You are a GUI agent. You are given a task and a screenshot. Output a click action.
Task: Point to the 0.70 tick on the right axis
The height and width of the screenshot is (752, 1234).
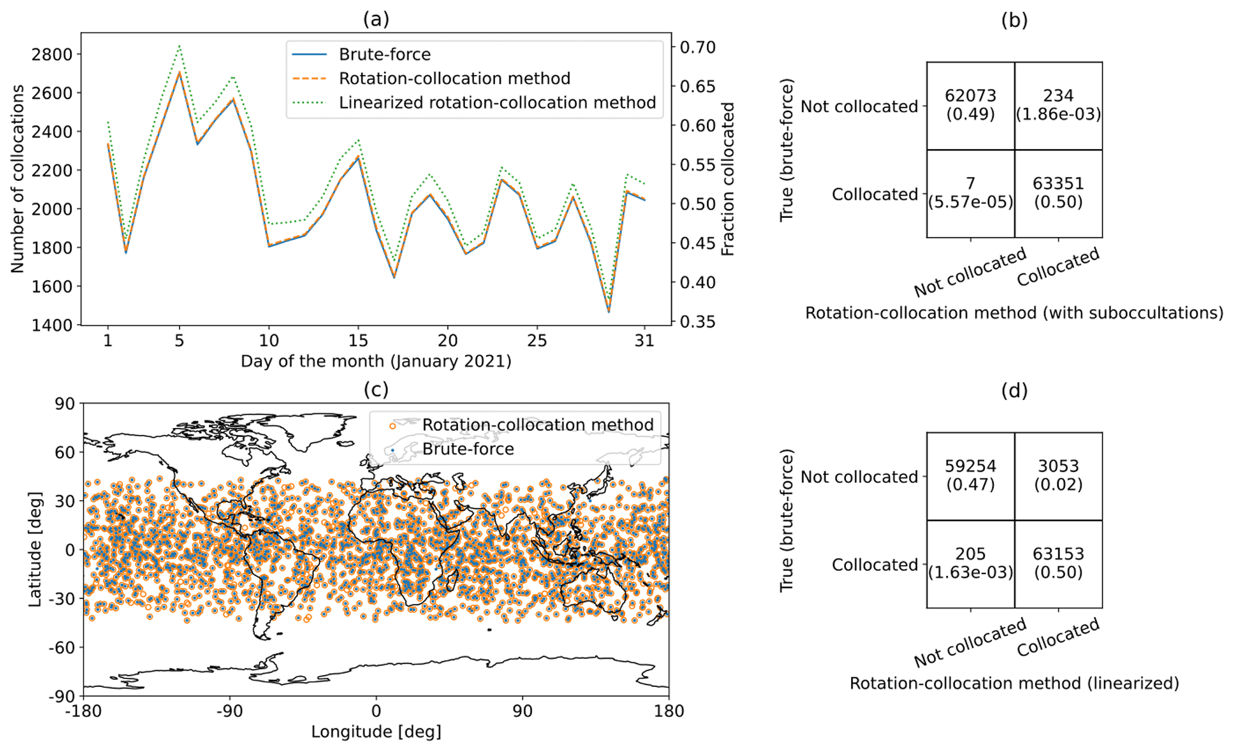click(697, 47)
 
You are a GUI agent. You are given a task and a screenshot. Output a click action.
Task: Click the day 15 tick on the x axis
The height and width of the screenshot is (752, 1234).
click(358, 341)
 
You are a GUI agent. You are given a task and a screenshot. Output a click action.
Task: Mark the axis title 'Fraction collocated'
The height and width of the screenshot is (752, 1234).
click(728, 179)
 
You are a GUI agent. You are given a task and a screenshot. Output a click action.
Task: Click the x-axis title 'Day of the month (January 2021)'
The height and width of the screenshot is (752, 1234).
click(376, 362)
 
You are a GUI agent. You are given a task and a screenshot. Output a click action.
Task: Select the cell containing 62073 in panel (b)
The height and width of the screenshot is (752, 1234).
click(970, 105)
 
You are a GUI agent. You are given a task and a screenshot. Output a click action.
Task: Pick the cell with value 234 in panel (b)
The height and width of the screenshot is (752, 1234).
click(1058, 105)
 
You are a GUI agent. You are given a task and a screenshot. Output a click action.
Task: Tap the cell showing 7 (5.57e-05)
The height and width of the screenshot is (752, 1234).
click(970, 193)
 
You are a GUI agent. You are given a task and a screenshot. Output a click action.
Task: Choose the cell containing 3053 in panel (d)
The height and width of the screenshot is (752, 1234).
click(1058, 475)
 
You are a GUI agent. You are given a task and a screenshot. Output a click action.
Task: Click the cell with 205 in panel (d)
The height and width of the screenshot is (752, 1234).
click(970, 563)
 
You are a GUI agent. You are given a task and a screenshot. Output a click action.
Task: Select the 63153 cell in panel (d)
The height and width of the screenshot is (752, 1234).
click(1058, 563)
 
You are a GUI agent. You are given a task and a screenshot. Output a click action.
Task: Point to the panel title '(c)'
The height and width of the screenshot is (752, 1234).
click(376, 390)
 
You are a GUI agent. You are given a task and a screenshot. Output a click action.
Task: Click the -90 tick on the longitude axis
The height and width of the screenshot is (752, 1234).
click(229, 711)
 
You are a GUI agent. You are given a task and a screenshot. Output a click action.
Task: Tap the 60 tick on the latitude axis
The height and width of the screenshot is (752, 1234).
click(64, 452)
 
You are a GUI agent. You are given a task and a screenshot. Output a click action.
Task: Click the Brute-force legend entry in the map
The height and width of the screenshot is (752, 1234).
click(467, 449)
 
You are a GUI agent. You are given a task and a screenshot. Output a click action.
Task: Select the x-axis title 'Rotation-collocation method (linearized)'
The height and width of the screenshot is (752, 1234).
click(1014, 683)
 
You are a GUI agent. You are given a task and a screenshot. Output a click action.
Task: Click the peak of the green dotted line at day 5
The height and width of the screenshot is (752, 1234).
click(179, 45)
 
